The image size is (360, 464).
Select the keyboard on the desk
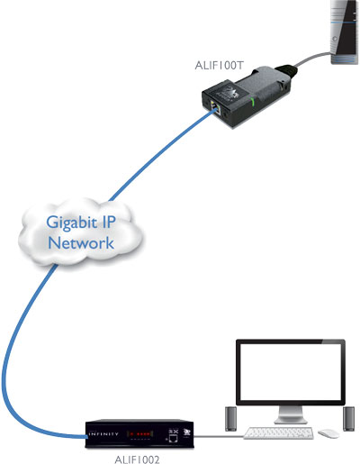point(277,433)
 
